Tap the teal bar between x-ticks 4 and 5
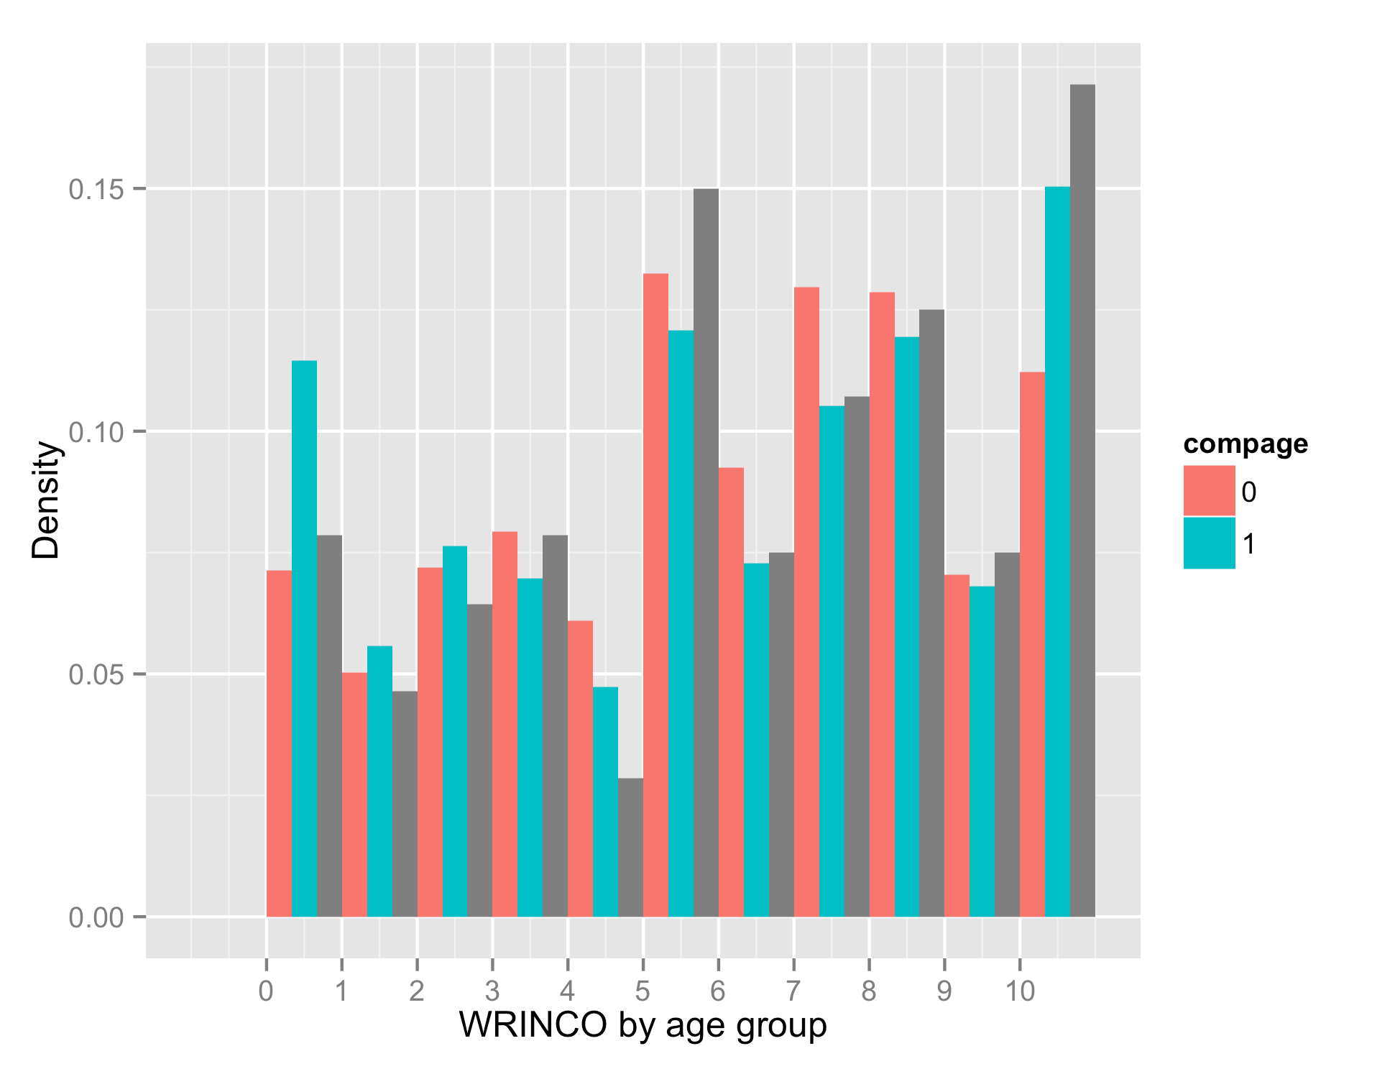[x=605, y=802]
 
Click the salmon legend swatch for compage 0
[x=1209, y=491]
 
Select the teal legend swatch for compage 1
[x=1209, y=543]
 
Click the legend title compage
[x=1246, y=444]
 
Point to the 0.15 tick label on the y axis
[x=96, y=190]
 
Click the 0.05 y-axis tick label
[x=96, y=675]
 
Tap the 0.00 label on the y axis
[x=96, y=918]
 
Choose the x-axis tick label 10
[x=1019, y=991]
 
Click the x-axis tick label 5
[x=643, y=991]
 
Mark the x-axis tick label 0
[x=266, y=991]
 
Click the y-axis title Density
[x=47, y=500]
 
